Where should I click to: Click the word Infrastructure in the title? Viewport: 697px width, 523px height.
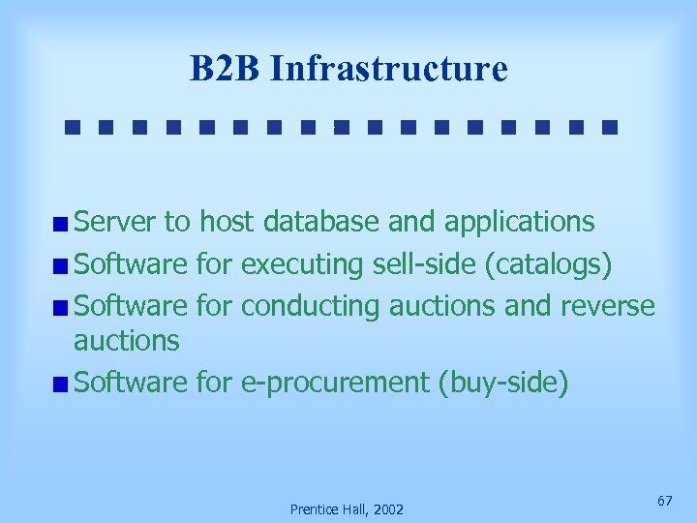388,69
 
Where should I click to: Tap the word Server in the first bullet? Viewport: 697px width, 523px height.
115,222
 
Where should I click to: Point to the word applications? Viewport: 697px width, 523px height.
519,223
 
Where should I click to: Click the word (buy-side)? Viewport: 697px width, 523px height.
503,383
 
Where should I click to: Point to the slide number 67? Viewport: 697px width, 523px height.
664,500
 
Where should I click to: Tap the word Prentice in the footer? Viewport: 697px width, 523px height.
311,508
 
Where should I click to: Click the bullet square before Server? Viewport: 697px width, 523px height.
61,225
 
